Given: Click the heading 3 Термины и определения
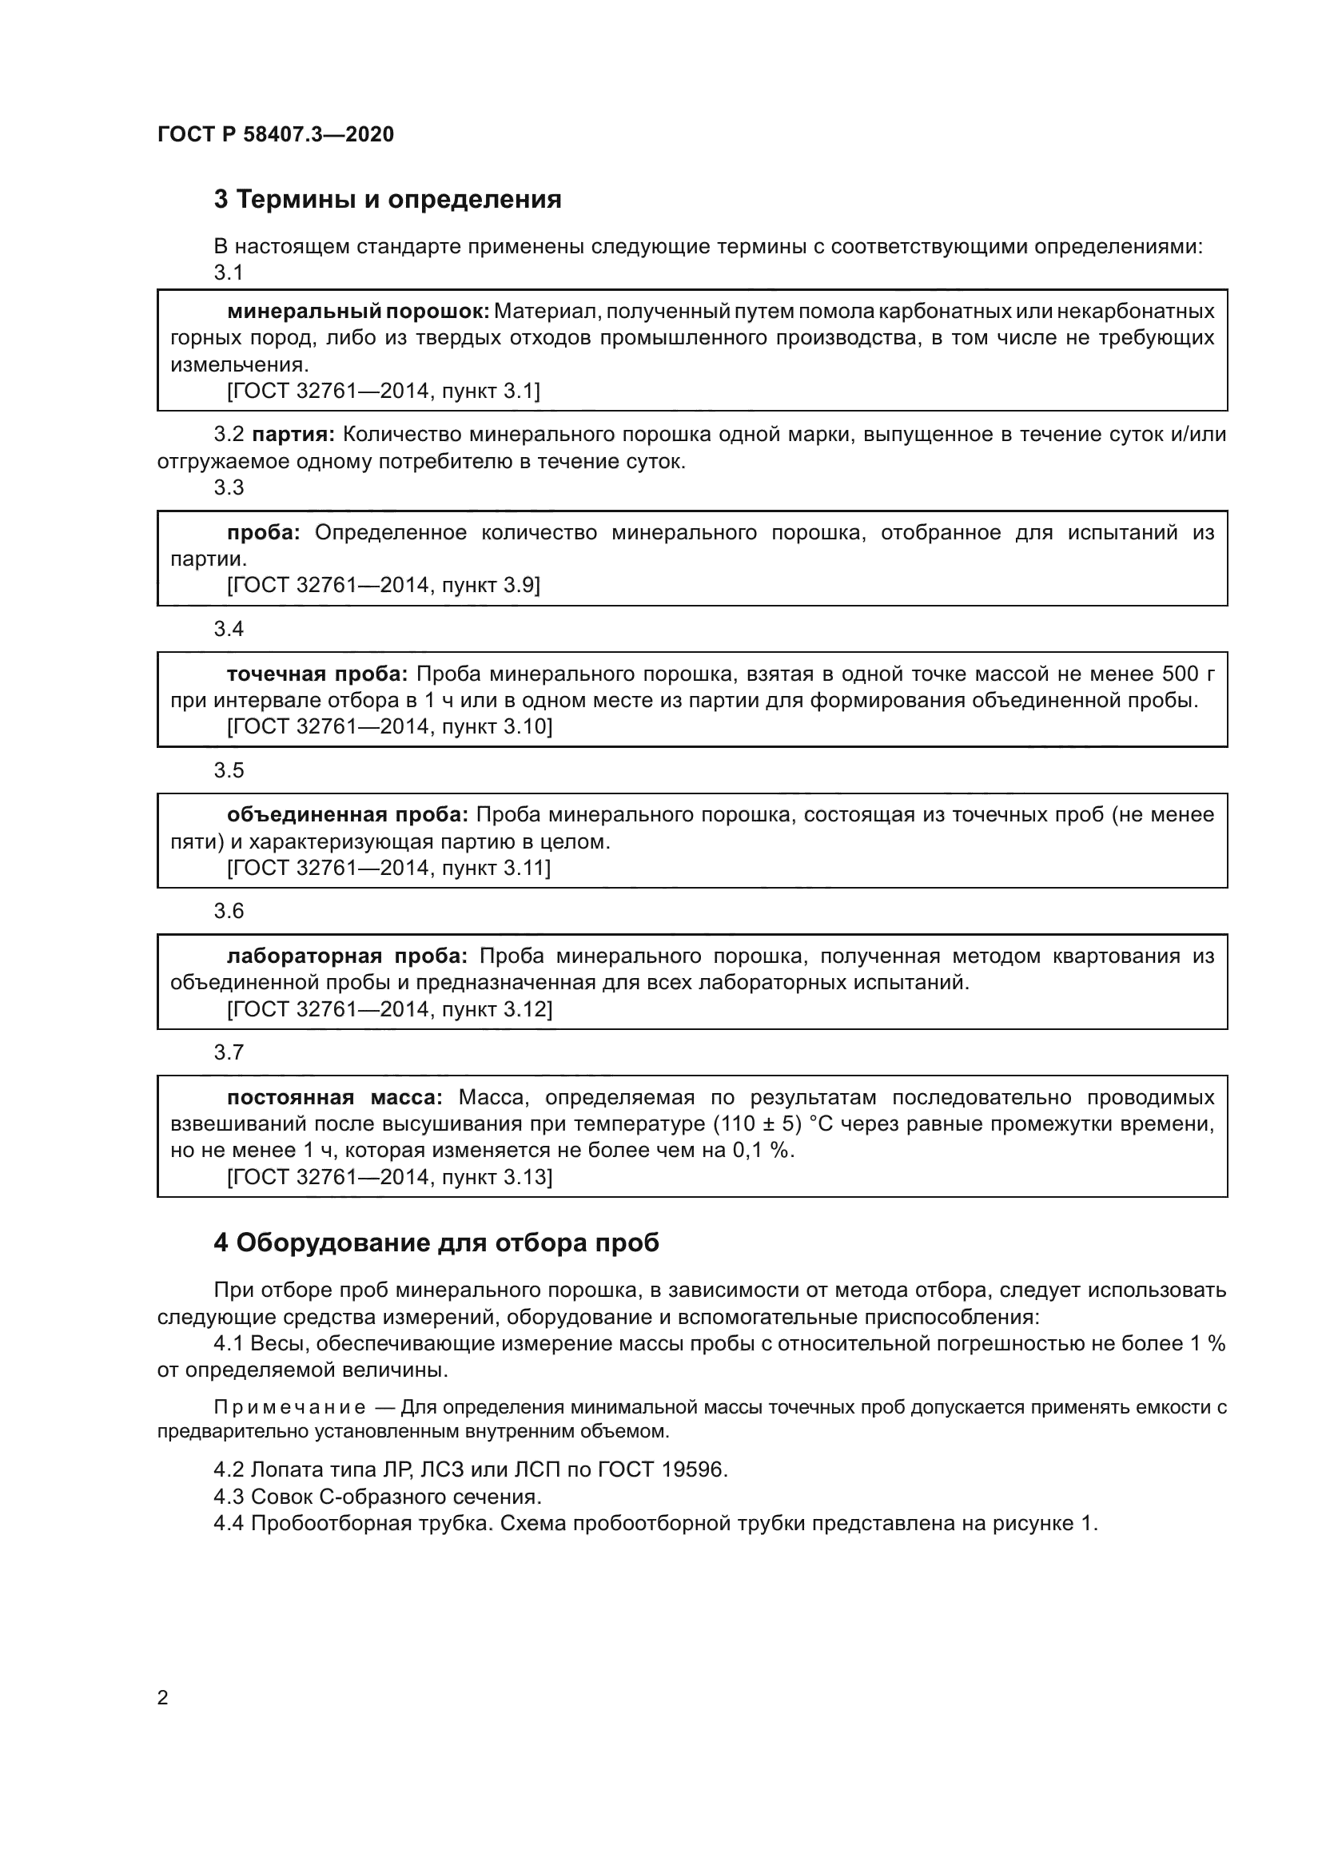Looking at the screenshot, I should pyautogui.click(x=388, y=200).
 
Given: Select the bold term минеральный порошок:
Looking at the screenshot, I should pyautogui.click(x=357, y=311).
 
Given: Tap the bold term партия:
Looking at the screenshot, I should pyautogui.click(x=293, y=435).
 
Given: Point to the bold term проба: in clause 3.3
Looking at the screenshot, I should pyautogui.click(x=263, y=533).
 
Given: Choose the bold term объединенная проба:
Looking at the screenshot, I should pyautogui.click(x=347, y=815).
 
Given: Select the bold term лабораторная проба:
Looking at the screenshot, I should pyautogui.click(x=347, y=956).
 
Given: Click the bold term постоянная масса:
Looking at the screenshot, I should pyautogui.click(x=335, y=1097).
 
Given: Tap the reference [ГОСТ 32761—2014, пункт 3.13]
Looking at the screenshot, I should pyautogui.click(x=389, y=1177).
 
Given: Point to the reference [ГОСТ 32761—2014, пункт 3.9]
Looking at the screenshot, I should pyautogui.click(x=383, y=585).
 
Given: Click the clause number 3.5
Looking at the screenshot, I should pyautogui.click(x=229, y=770).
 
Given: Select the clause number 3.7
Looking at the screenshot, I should pyautogui.click(x=229, y=1052).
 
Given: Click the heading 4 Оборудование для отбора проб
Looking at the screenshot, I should pyautogui.click(x=436, y=1243).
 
